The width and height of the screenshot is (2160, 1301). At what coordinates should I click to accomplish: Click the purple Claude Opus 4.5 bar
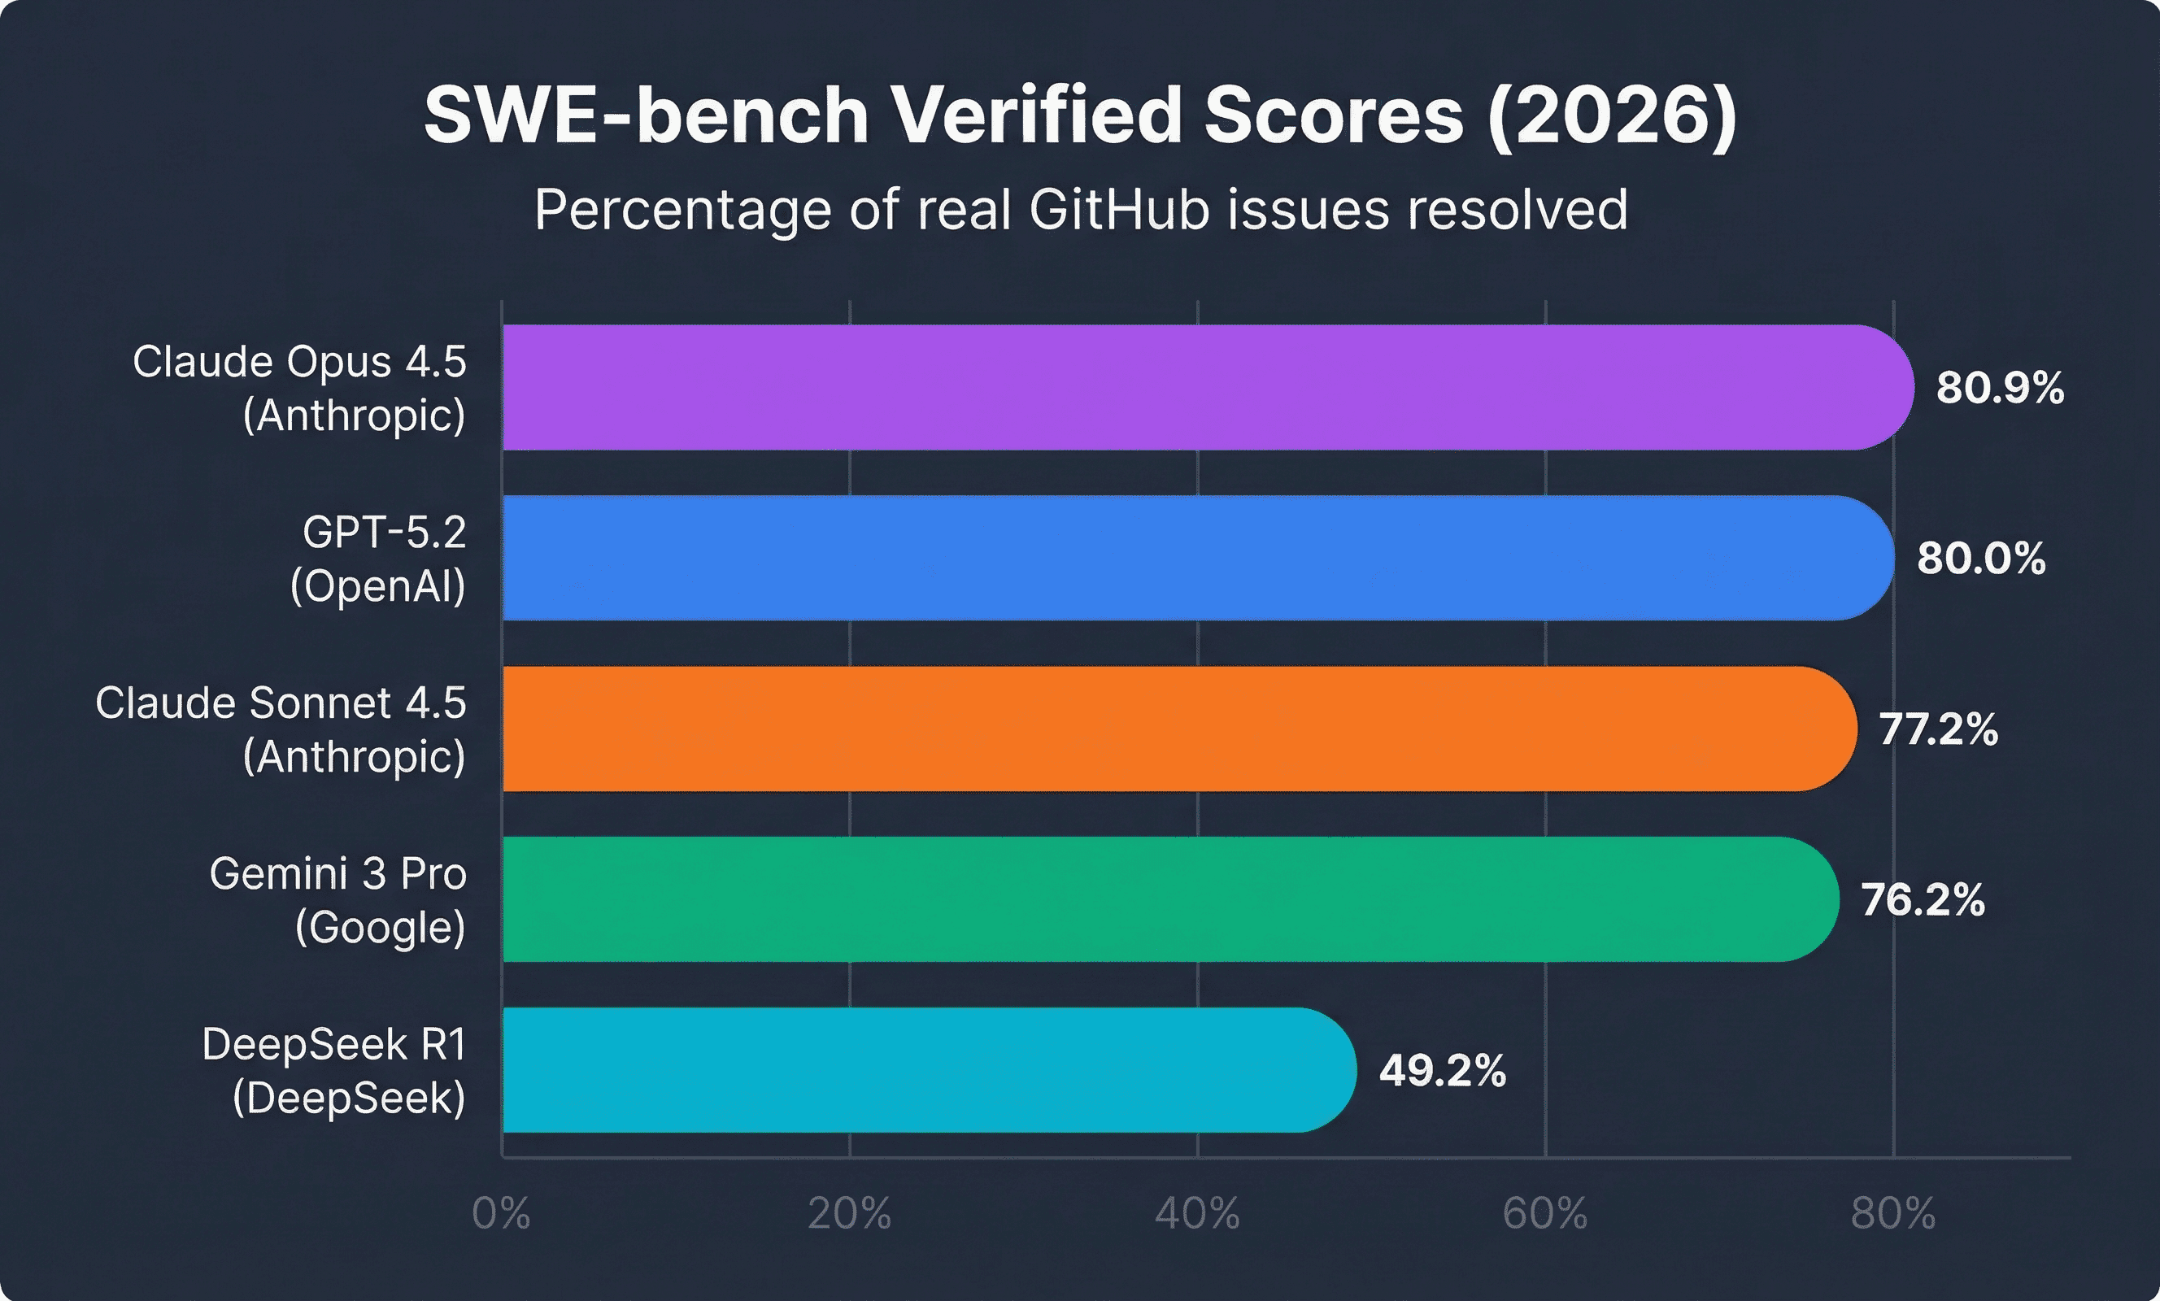pos(1201,388)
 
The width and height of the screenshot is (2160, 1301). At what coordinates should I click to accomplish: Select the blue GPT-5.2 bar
pos(1192,558)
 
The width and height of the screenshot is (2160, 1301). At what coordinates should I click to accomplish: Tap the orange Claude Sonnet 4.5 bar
pos(1174,729)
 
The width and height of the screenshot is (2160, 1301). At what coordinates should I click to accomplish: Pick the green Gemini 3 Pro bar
pos(1166,899)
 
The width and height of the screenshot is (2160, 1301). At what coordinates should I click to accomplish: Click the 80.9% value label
pos(2000,388)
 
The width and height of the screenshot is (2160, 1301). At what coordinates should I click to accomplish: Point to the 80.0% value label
pos(1980,559)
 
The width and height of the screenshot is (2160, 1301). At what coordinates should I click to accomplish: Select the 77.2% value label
pos(1937,729)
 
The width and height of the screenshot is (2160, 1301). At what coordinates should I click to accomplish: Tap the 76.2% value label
pos(1923,900)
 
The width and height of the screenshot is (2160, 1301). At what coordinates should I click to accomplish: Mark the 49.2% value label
pos(1442,1070)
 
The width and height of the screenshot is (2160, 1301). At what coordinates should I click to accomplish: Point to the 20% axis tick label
pos(848,1214)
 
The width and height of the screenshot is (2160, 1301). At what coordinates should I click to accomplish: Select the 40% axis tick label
pos(1196,1214)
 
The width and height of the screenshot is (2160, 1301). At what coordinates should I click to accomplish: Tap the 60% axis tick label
pos(1544,1214)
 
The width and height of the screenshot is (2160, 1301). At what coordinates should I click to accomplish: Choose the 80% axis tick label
pos(1892,1214)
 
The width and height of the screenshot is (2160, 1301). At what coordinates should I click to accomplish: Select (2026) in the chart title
pos(1611,116)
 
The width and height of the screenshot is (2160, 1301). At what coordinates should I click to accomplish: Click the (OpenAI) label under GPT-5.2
pos(378,585)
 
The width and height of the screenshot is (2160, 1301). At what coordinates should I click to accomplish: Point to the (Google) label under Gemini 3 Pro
pos(381,928)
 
